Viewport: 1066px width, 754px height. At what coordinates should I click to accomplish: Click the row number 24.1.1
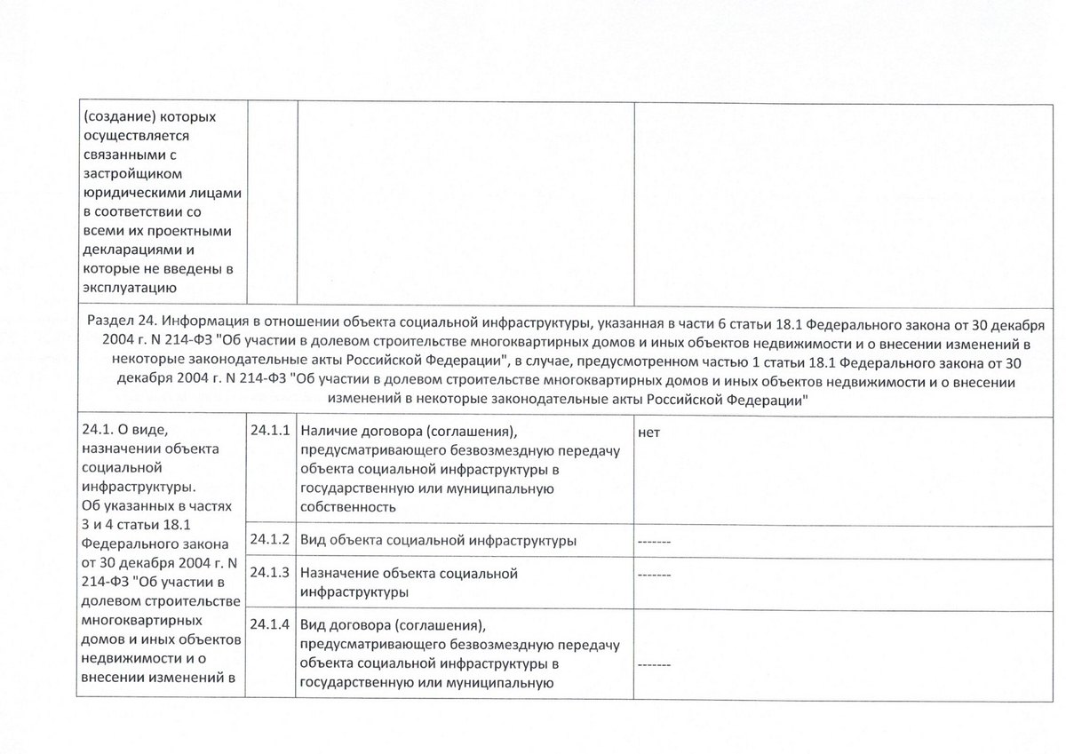271,431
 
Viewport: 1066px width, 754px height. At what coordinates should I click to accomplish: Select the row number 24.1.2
271,539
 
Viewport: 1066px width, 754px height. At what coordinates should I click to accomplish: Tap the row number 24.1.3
271,573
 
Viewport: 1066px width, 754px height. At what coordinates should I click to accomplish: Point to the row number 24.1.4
271,623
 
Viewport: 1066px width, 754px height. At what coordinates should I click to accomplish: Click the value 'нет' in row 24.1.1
648,432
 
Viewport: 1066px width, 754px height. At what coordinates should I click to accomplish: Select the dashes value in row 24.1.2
655,541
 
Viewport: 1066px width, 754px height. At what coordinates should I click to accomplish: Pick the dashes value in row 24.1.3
655,574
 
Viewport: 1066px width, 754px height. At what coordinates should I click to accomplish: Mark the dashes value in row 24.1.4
655,664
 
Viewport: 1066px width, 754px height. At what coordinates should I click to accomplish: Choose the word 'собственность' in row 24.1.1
347,507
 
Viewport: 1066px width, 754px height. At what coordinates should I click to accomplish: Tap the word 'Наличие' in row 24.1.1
326,432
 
